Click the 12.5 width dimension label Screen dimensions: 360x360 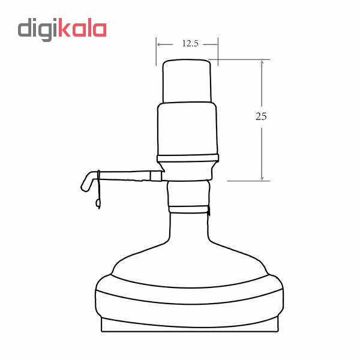point(190,43)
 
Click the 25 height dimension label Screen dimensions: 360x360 point(261,116)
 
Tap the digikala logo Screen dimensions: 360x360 point(62,29)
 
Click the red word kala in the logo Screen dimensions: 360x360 point(82,28)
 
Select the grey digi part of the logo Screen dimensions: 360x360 point(38,29)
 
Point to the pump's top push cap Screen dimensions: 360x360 point(187,81)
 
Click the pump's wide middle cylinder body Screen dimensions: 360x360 point(187,129)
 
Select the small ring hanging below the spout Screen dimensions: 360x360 point(98,203)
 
